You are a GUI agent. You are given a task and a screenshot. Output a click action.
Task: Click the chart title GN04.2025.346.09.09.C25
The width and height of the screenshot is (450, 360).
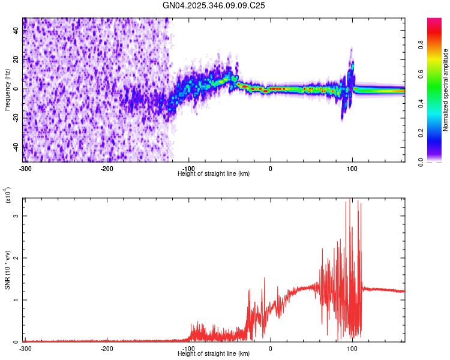click(214, 5)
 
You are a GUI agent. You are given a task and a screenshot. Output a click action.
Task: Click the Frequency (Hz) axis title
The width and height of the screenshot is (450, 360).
click(7, 90)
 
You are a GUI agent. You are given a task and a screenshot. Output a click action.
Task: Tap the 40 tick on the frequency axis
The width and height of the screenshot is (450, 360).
click(16, 31)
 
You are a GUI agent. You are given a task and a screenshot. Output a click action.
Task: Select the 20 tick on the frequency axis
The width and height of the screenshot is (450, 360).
click(16, 60)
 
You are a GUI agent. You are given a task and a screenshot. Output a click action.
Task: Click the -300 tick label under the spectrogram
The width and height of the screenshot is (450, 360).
click(25, 169)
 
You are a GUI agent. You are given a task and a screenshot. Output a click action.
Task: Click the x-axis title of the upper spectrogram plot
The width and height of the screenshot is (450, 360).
click(214, 173)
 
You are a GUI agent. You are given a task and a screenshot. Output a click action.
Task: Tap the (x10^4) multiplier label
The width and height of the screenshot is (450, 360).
click(8, 196)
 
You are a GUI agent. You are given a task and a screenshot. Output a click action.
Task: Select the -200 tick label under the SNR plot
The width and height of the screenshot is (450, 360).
click(107, 349)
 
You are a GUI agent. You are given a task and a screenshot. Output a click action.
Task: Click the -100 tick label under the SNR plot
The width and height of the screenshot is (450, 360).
click(188, 349)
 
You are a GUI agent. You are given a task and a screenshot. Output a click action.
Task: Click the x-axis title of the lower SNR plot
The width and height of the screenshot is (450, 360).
click(214, 353)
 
